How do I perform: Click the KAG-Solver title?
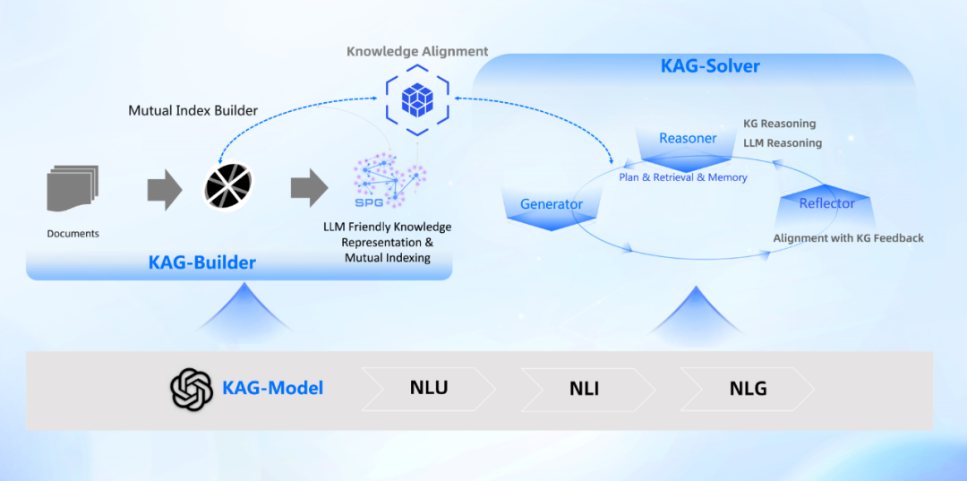tap(710, 66)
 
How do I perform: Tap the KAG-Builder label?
tap(202, 262)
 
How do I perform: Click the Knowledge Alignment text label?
tap(417, 51)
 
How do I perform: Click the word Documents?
tap(73, 234)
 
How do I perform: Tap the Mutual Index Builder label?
tap(193, 111)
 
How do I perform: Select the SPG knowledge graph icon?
tap(389, 182)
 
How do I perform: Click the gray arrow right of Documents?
tap(164, 188)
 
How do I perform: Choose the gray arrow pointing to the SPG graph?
tap(307, 188)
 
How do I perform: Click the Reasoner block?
tap(688, 141)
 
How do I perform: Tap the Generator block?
tap(552, 205)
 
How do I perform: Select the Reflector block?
tap(826, 204)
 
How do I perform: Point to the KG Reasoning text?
tap(779, 124)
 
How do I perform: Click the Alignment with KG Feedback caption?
tap(848, 238)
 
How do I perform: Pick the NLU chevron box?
tap(429, 388)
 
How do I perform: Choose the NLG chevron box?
tap(748, 389)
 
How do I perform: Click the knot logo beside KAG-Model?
tap(192, 389)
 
